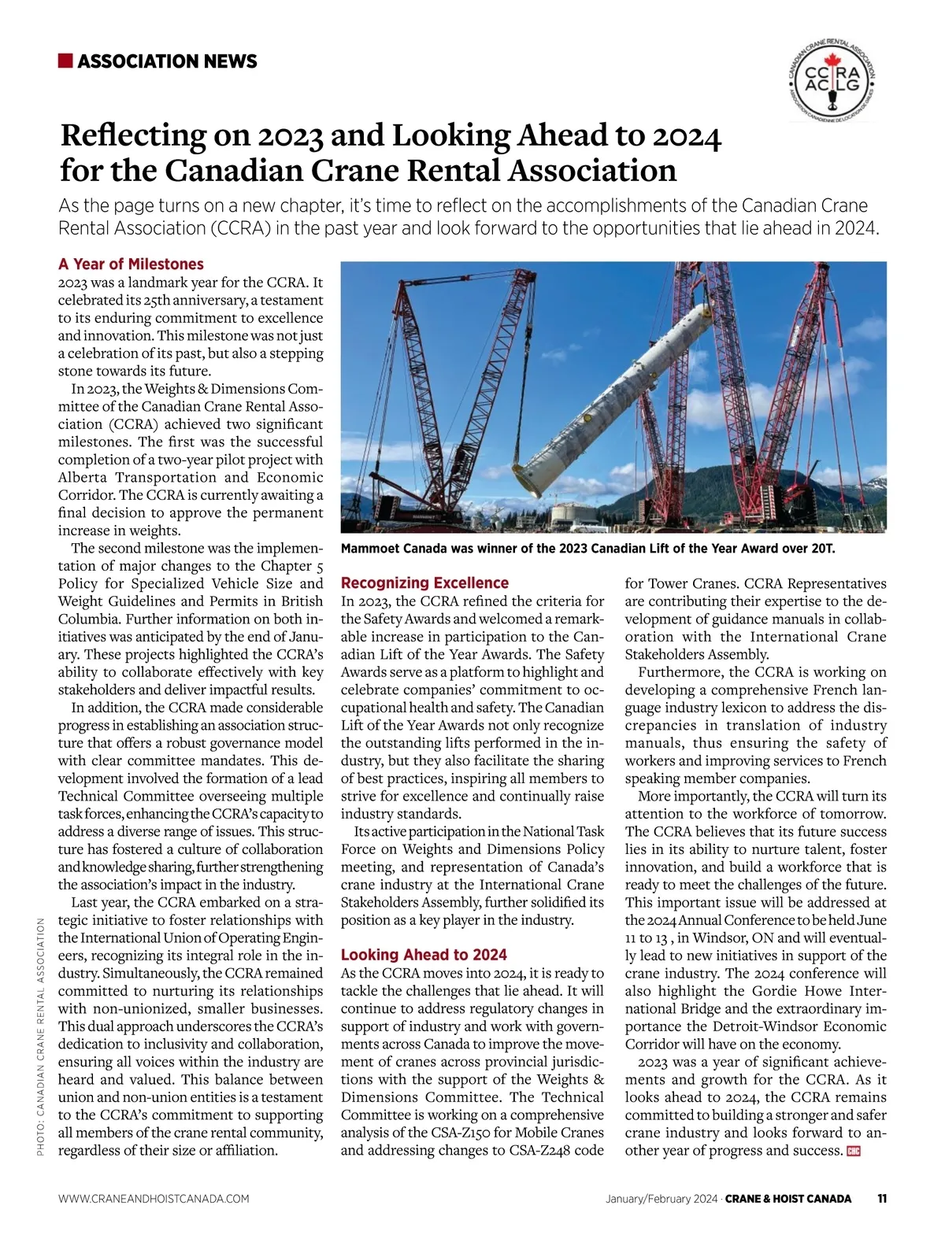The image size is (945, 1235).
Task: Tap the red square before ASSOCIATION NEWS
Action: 65,61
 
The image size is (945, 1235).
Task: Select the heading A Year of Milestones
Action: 131,264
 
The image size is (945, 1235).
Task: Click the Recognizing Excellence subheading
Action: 424,583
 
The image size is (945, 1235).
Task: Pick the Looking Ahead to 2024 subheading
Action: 424,955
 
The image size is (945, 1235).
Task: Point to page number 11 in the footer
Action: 881,1199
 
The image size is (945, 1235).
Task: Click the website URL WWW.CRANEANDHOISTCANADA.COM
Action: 154,1199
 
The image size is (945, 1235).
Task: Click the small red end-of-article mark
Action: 854,1152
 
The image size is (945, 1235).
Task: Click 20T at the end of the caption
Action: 821,549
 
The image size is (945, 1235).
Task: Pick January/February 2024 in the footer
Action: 661,1199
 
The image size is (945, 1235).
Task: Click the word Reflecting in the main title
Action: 133,135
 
